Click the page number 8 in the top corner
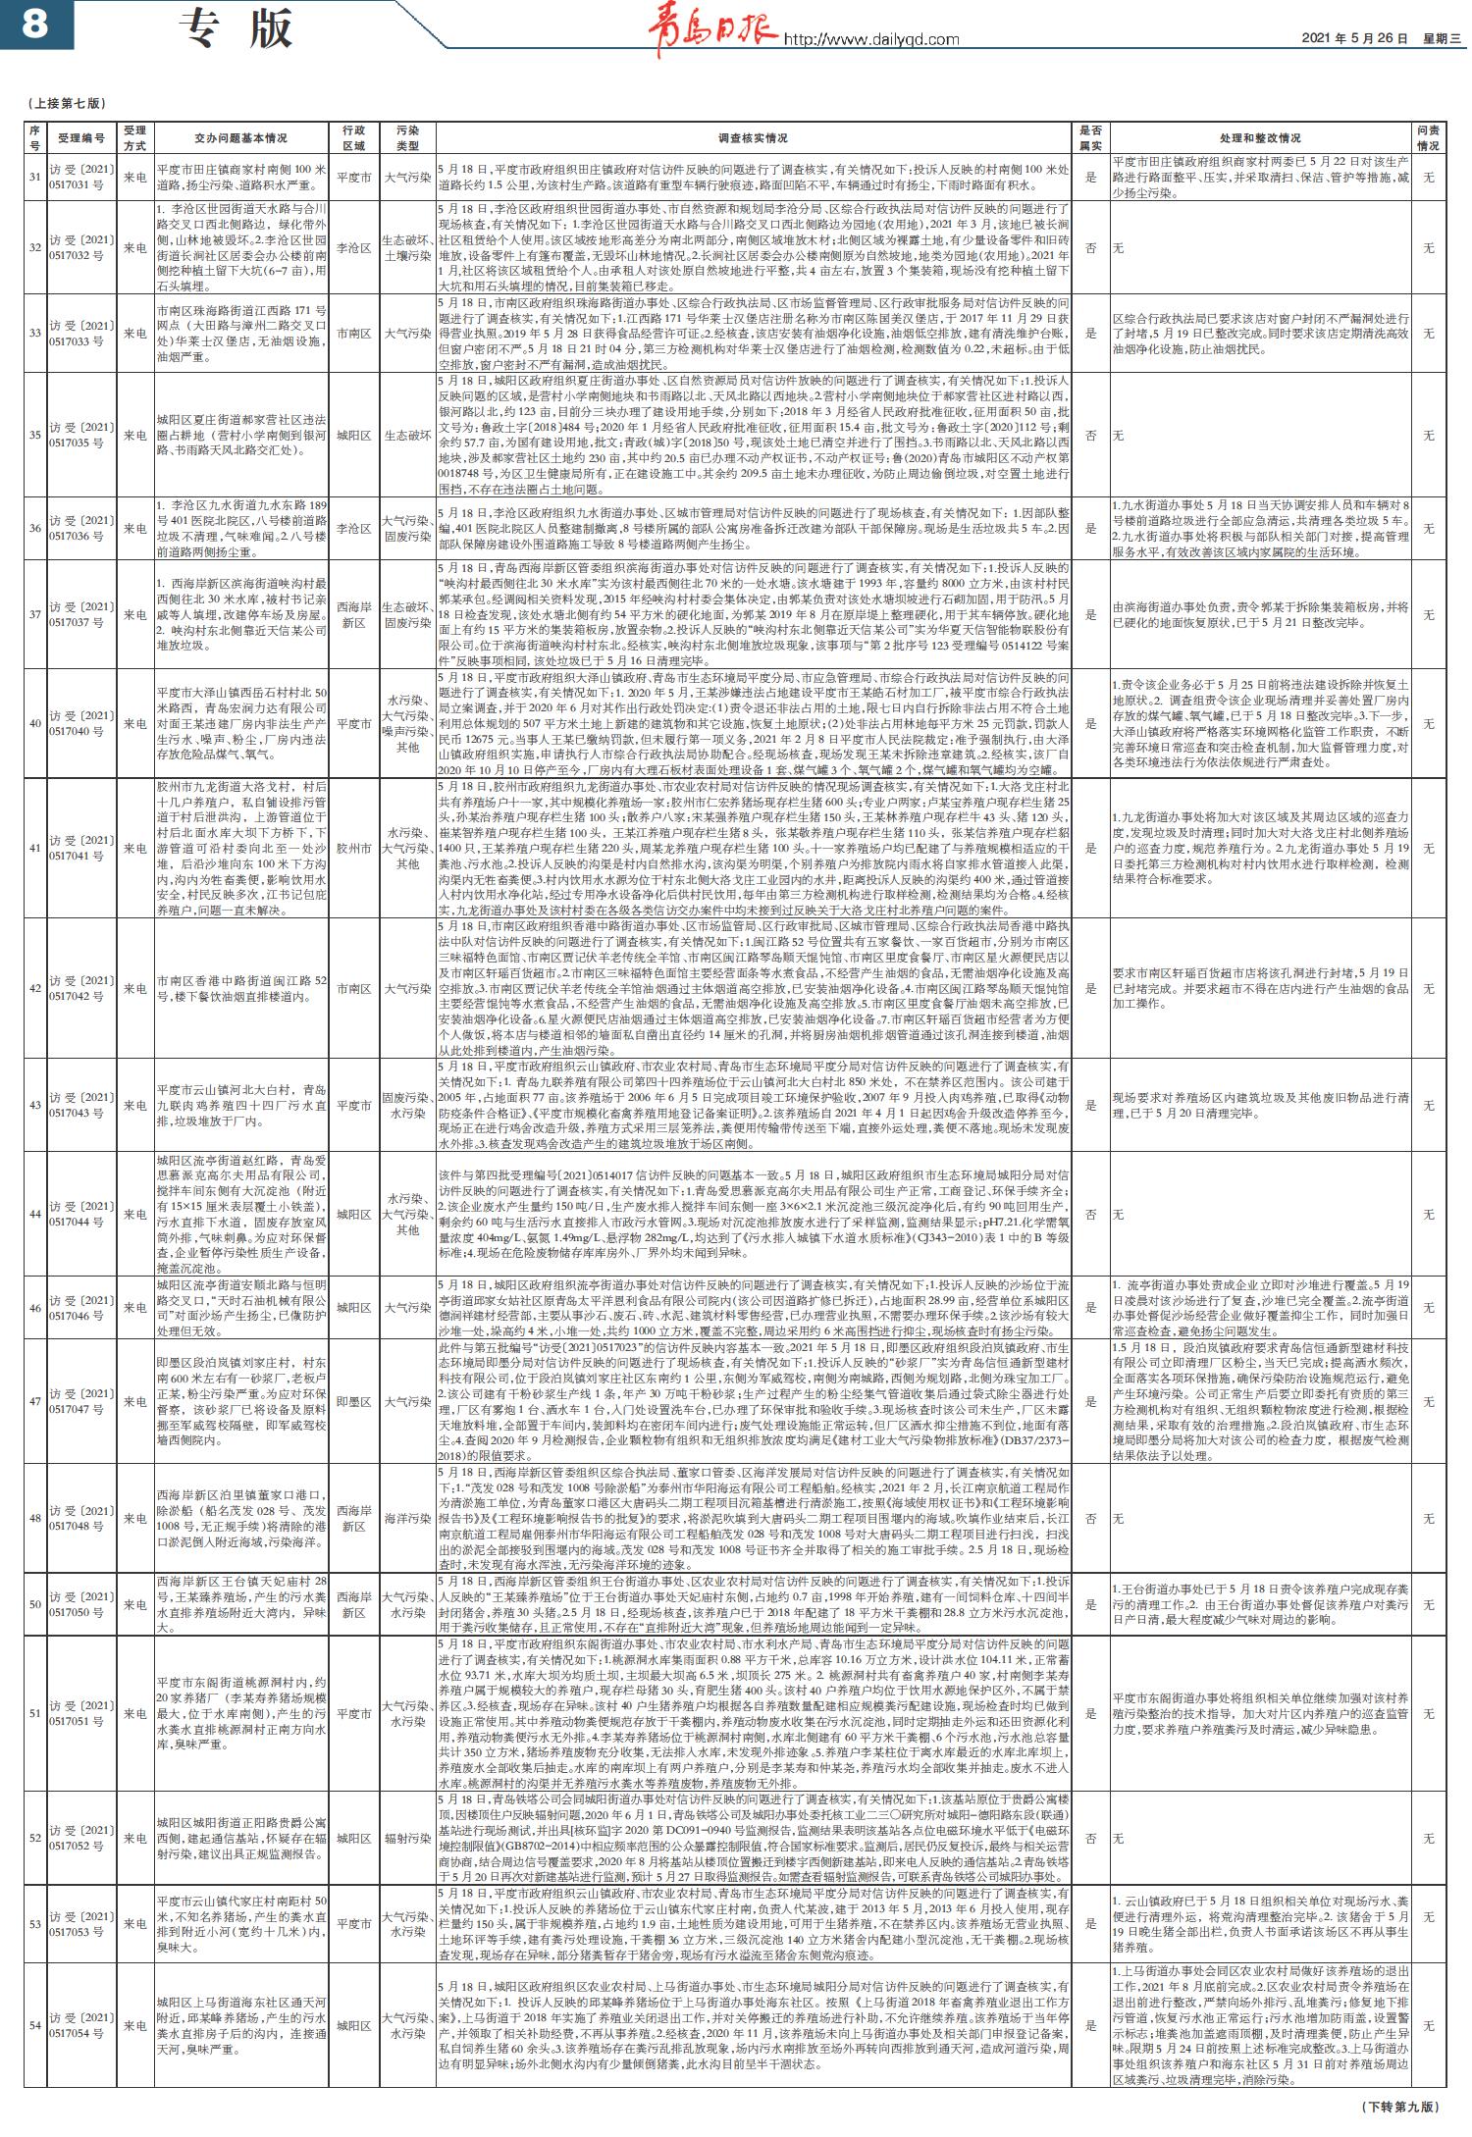pyautogui.click(x=34, y=24)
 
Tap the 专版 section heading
pyautogui.click(x=237, y=28)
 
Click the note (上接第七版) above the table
pyautogui.click(x=67, y=103)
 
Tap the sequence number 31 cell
pyautogui.click(x=34, y=178)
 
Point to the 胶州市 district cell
pyautogui.click(x=354, y=848)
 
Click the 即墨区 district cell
pyautogui.click(x=354, y=1403)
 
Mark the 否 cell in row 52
pyautogui.click(x=1090, y=1838)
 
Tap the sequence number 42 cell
pyautogui.click(x=34, y=988)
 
